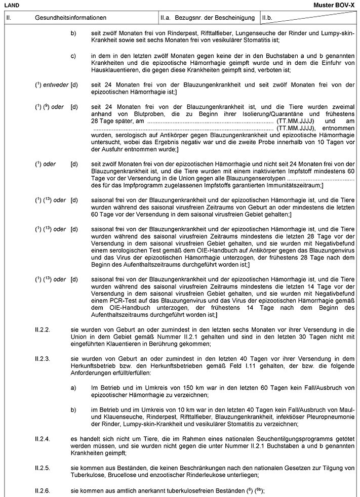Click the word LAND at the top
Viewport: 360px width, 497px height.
pyautogui.click(x=11, y=5)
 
